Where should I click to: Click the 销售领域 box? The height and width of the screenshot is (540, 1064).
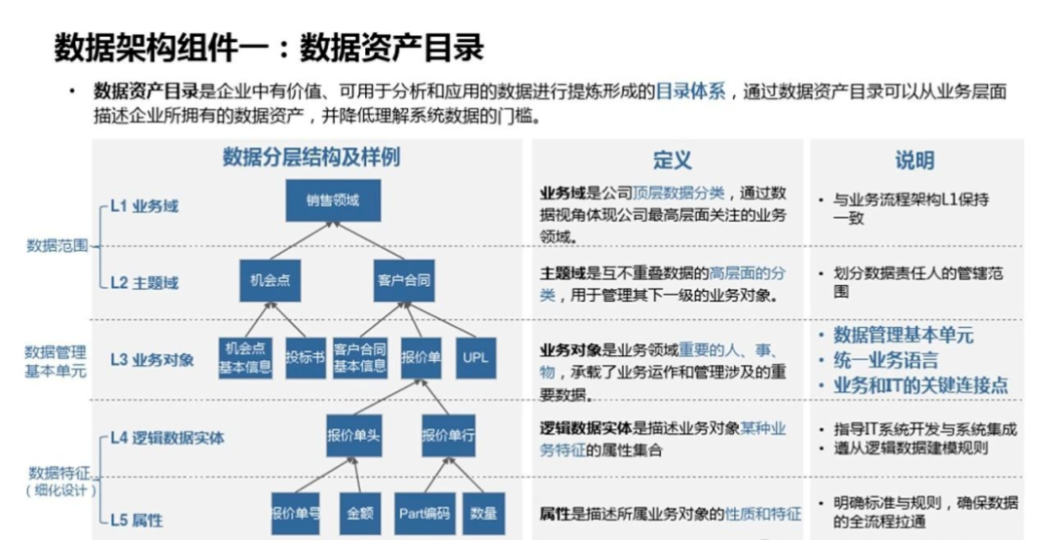(333, 200)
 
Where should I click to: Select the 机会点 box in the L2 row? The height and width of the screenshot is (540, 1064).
(270, 282)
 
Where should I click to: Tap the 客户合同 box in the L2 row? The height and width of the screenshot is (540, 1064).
(403, 282)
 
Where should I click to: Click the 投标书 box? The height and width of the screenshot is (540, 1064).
(305, 357)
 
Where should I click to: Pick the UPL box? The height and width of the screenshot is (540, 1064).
(475, 357)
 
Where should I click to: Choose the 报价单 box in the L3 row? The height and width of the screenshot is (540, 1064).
(421, 357)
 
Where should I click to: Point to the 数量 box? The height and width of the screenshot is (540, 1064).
(483, 513)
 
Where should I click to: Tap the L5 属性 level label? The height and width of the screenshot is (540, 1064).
(136, 520)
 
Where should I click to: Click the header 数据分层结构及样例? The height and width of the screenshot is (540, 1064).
(311, 158)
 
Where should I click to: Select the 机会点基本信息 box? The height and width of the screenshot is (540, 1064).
(244, 357)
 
